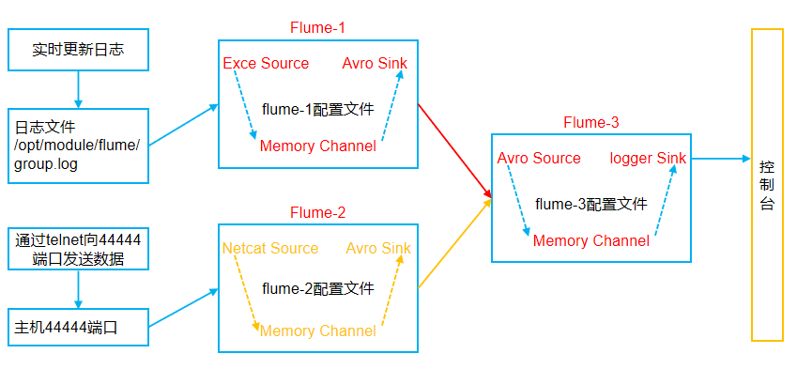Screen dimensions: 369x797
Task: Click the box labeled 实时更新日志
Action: click(x=78, y=50)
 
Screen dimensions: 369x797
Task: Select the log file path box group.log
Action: click(x=78, y=145)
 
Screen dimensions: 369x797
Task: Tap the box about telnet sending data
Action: click(x=78, y=249)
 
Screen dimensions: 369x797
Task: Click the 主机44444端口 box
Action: click(x=78, y=328)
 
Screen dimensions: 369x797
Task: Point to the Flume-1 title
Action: click(x=317, y=28)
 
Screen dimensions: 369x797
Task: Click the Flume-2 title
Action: click(x=317, y=213)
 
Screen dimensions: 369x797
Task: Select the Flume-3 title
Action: click(x=590, y=123)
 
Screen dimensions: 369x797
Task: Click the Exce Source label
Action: click(x=266, y=64)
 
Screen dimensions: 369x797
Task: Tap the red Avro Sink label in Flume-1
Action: click(x=376, y=64)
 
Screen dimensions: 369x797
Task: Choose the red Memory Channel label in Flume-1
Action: click(x=317, y=146)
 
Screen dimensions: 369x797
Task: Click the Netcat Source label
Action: click(x=270, y=249)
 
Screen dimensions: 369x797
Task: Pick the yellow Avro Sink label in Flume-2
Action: click(x=378, y=249)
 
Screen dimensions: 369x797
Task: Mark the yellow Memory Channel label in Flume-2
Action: click(x=317, y=331)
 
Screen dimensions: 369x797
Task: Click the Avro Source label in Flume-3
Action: click(x=539, y=158)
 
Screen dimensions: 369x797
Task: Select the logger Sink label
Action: click(x=648, y=158)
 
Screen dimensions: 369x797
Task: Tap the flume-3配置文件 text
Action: click(x=590, y=203)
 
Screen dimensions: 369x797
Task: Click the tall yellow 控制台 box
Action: click(x=766, y=185)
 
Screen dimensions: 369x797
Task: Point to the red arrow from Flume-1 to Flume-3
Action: click(x=454, y=150)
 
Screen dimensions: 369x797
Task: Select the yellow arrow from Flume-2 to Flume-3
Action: click(x=454, y=243)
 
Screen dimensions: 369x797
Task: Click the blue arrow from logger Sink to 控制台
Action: click(x=718, y=159)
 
